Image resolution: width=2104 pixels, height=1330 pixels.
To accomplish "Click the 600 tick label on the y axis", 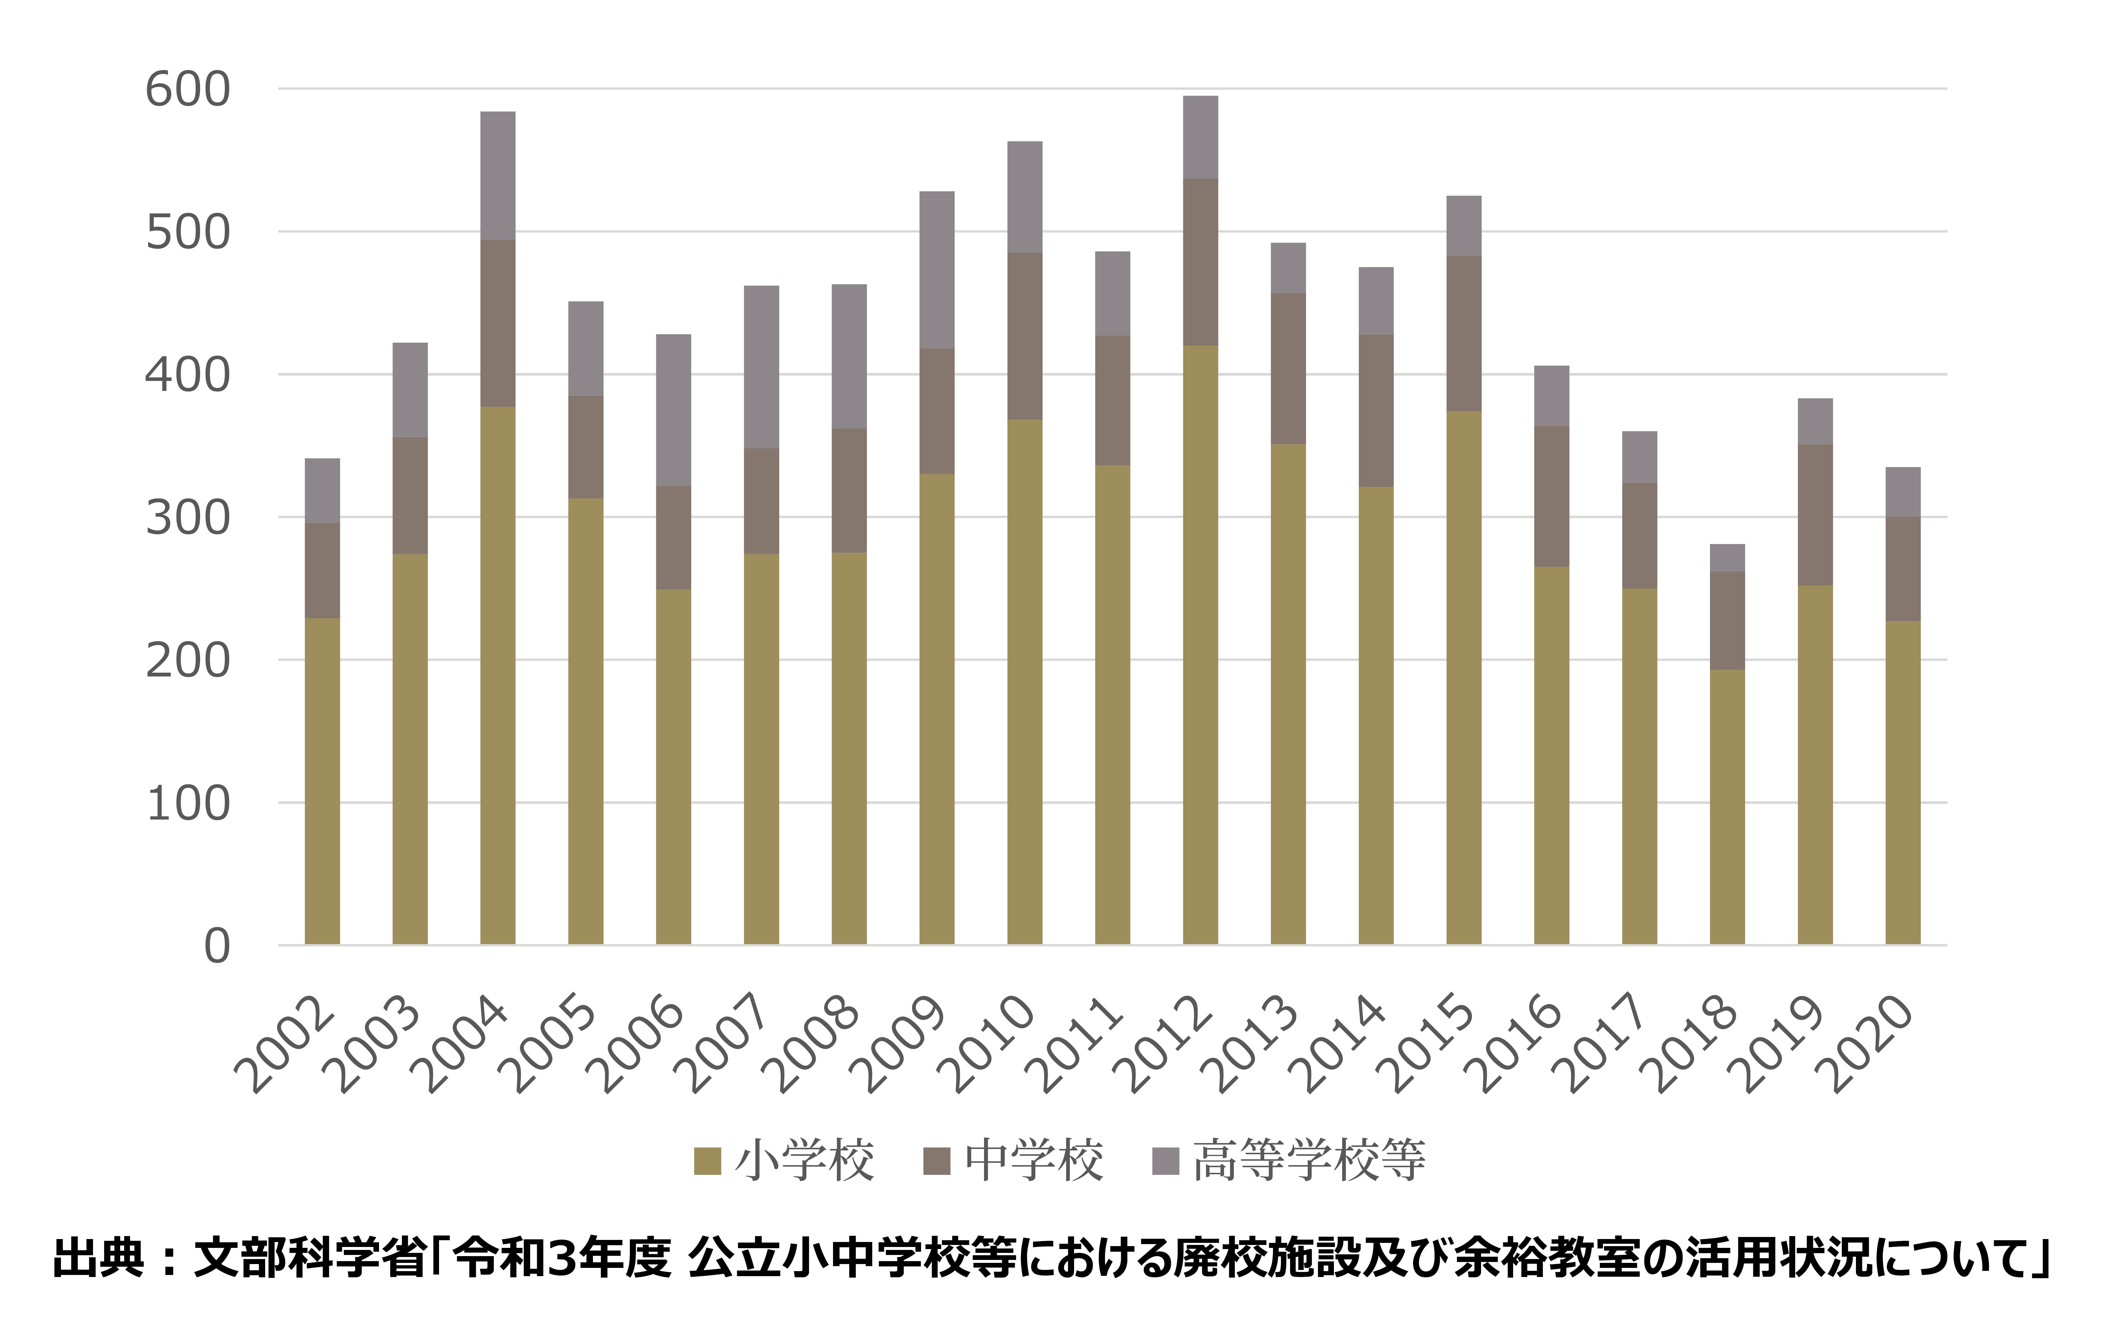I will pyautogui.click(x=187, y=90).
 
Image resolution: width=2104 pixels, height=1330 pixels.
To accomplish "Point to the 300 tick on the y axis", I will pyautogui.click(x=187, y=518).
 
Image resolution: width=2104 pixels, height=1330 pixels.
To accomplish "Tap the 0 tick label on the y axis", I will pyautogui.click(x=217, y=946).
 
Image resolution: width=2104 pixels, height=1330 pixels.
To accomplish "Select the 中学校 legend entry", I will pyautogui.click(x=1013, y=1160).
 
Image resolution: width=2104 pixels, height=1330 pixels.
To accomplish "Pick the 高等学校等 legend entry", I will pyautogui.click(x=1289, y=1160).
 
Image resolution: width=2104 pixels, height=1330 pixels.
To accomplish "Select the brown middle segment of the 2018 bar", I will pyautogui.click(x=1727, y=621).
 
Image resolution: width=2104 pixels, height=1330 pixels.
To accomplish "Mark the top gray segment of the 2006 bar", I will pyautogui.click(x=674, y=410).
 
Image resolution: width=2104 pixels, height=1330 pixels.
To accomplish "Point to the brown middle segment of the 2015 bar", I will pyautogui.click(x=1464, y=334).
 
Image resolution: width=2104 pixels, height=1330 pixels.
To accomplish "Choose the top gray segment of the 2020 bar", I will pyautogui.click(x=1903, y=492).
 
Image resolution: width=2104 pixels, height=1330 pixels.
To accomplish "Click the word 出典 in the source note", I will pyautogui.click(x=98, y=1258).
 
